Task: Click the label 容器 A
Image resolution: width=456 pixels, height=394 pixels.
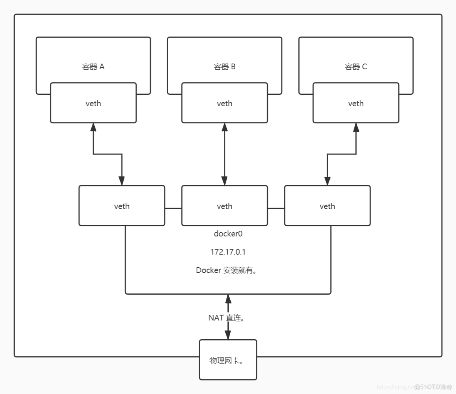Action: pos(93,67)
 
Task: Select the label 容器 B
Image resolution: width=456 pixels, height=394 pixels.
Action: pos(225,67)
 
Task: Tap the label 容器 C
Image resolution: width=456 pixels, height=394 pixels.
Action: pos(356,67)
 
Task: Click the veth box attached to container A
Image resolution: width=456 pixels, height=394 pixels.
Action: pos(93,103)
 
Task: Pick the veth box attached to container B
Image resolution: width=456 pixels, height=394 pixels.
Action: pos(225,103)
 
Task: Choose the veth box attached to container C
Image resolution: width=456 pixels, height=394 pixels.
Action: pos(356,103)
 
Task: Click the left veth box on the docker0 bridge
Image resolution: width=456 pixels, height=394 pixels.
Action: pos(122,206)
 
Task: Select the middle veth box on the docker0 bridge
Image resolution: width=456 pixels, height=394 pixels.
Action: pos(225,206)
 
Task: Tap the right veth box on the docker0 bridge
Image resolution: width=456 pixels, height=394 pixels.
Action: pos(327,206)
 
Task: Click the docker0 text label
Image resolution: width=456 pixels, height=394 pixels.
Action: pos(228,234)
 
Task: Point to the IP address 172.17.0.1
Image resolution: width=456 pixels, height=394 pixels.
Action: pos(228,252)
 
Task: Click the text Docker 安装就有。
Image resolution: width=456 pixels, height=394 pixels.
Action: pos(226,270)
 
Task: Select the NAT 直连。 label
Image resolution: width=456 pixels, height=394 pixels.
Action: pos(226,318)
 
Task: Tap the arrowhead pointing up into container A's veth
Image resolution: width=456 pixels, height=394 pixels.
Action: pos(93,127)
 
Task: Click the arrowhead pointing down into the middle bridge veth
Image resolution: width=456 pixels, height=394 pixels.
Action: pos(225,181)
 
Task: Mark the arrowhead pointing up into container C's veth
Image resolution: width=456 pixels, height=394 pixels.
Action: pos(356,127)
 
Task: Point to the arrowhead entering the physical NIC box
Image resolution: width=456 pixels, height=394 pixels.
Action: pos(228,335)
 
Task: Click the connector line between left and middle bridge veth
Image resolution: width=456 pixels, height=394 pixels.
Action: pos(173,208)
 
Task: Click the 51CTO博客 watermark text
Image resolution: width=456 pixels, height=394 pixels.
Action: pos(433,387)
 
